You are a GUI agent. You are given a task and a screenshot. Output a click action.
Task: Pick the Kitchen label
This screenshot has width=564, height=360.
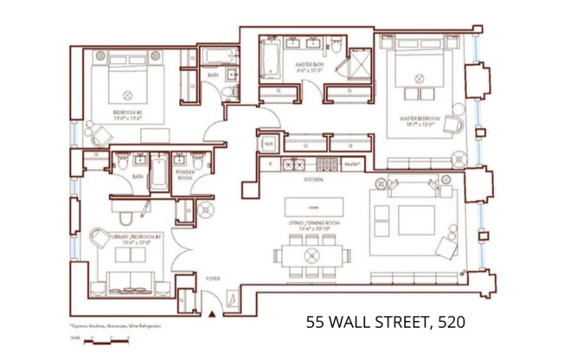[313, 182]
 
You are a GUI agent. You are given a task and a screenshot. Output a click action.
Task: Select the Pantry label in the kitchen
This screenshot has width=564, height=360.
[351, 164]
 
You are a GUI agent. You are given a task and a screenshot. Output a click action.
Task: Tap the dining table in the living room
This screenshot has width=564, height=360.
[312, 255]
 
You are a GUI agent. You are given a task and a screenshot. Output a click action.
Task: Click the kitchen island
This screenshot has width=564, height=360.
[313, 206]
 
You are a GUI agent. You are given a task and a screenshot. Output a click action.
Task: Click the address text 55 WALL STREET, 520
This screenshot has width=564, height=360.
[386, 322]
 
